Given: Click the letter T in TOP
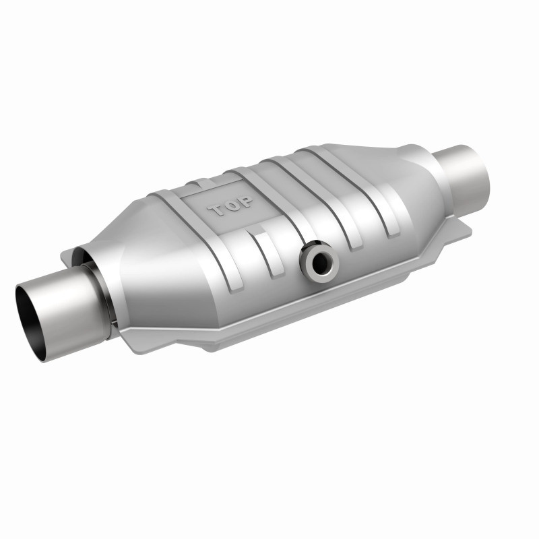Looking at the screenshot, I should tap(218, 211).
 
